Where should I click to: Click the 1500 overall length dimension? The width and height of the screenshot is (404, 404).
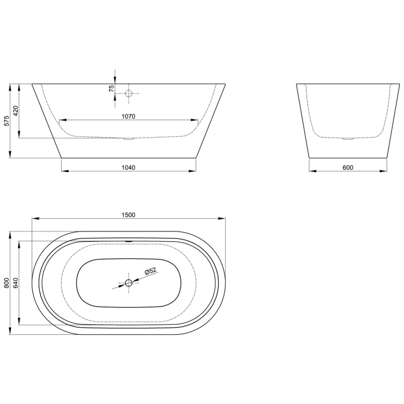tap(128, 215)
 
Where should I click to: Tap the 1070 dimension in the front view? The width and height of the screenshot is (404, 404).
tap(128, 116)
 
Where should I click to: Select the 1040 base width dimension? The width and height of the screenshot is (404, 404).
tap(128, 167)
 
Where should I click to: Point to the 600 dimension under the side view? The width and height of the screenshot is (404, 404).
tap(347, 167)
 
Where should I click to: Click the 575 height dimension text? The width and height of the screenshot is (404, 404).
tap(6, 121)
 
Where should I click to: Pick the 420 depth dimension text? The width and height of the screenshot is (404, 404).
tap(16, 111)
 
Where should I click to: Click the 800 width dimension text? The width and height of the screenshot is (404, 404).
tap(6, 283)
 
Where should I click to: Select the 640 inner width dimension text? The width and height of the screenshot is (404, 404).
tap(16, 283)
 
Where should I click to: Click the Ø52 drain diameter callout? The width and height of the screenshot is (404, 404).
tap(150, 272)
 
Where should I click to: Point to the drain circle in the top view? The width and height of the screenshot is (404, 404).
tap(128, 283)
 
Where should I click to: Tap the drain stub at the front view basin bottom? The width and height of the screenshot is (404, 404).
tap(129, 139)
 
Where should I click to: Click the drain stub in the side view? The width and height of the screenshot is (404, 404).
tap(347, 139)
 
